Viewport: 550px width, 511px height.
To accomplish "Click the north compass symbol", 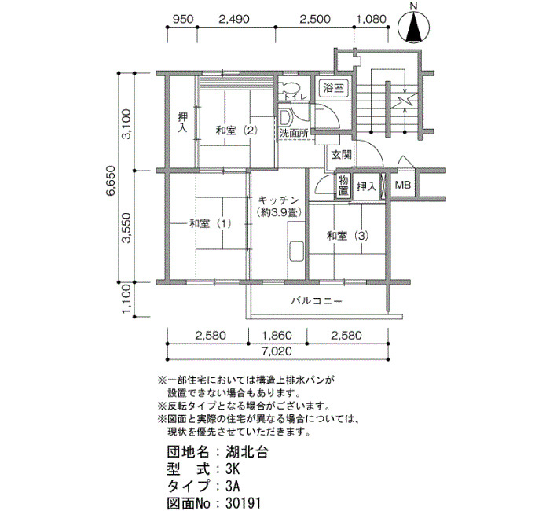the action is pyautogui.click(x=414, y=27).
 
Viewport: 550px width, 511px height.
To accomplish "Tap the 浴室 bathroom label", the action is pyautogui.click(x=333, y=88).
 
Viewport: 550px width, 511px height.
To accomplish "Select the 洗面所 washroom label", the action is pyautogui.click(x=294, y=134).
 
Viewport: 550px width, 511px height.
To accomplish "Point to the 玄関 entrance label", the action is pyautogui.click(x=342, y=154).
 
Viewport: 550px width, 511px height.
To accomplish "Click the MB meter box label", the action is pyautogui.click(x=402, y=185).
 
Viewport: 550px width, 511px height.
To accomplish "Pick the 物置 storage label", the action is pyautogui.click(x=343, y=186).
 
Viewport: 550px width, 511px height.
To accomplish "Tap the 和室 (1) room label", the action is pyautogui.click(x=210, y=223).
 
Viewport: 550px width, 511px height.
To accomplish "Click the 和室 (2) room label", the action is pyautogui.click(x=236, y=131).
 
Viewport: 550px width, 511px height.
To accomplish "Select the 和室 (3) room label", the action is pyautogui.click(x=347, y=236).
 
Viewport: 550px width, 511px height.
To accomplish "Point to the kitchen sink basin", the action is pyautogui.click(x=296, y=252).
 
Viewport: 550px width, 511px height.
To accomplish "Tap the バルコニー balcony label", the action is pyautogui.click(x=317, y=301).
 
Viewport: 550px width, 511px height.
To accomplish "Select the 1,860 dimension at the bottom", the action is pyautogui.click(x=277, y=336).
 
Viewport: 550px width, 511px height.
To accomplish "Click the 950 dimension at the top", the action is pyautogui.click(x=183, y=19).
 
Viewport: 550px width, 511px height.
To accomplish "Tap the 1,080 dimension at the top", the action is pyautogui.click(x=371, y=19).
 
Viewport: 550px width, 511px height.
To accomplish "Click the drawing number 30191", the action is pyautogui.click(x=243, y=503).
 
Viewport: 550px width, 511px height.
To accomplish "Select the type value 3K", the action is pyautogui.click(x=233, y=469).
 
